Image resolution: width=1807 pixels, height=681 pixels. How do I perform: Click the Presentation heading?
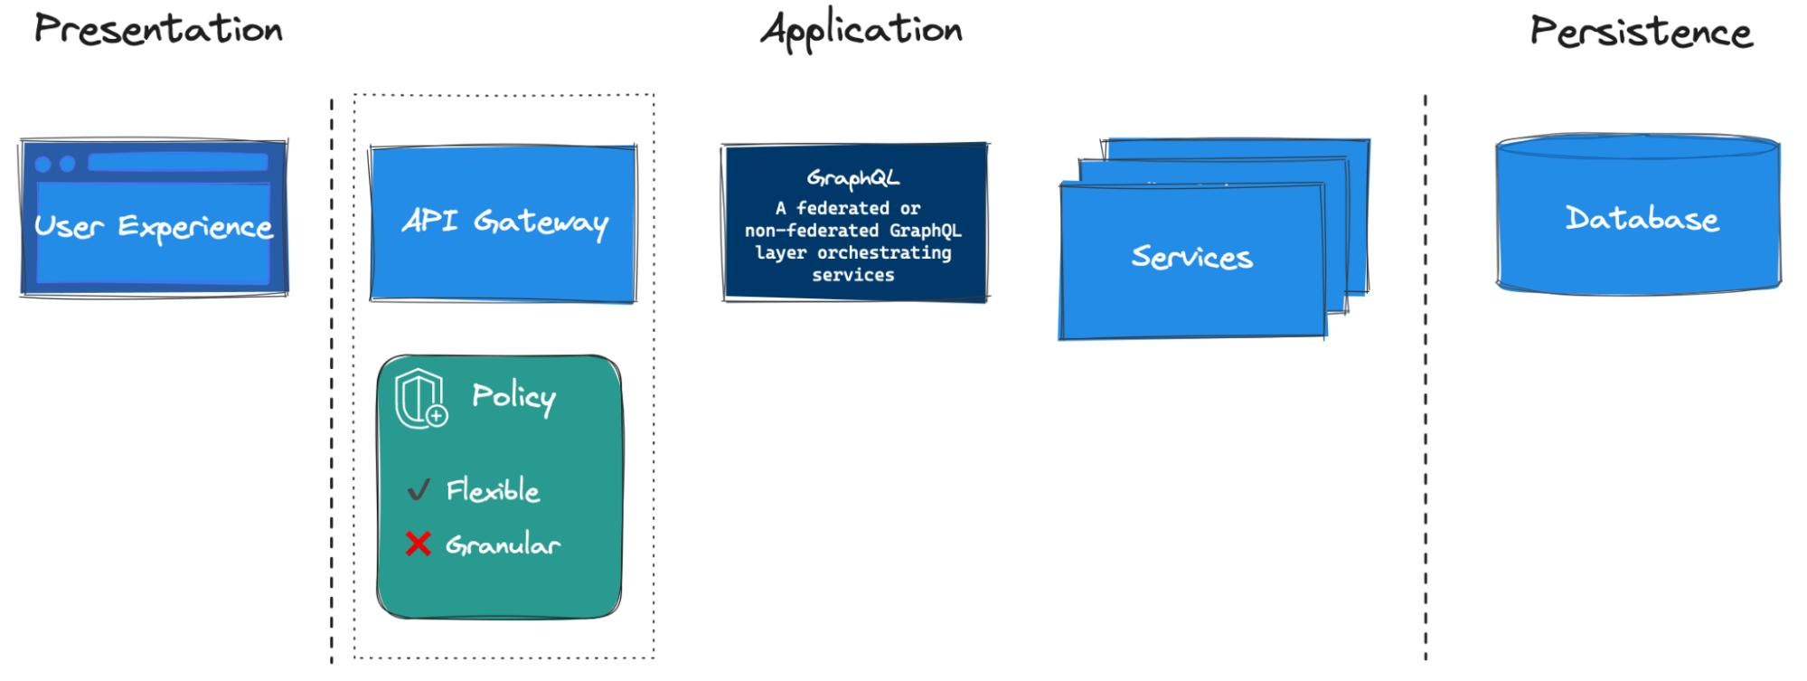click(x=158, y=29)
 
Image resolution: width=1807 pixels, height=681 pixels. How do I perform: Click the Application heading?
click(x=861, y=31)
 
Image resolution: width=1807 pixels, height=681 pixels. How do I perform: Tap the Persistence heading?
click(x=1641, y=32)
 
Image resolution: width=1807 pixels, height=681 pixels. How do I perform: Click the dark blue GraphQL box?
click(x=854, y=222)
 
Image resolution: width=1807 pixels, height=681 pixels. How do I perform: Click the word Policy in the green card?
click(x=513, y=396)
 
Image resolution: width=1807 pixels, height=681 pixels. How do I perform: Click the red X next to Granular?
click(x=418, y=544)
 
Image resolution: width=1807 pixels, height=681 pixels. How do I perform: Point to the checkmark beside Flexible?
click(x=418, y=490)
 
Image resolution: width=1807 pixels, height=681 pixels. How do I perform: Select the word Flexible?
click(x=493, y=490)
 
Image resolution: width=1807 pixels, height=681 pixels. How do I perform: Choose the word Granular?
click(x=503, y=544)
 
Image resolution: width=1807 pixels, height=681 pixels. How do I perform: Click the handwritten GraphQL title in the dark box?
click(x=852, y=178)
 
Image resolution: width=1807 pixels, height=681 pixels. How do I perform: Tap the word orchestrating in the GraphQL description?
click(x=884, y=253)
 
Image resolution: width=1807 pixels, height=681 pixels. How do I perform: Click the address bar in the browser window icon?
click(x=177, y=163)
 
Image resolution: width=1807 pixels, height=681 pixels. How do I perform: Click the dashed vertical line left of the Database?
click(x=1426, y=380)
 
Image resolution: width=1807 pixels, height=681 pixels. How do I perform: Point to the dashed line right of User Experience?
click(x=332, y=380)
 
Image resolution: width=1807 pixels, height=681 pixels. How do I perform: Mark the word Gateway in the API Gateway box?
click(x=541, y=222)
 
